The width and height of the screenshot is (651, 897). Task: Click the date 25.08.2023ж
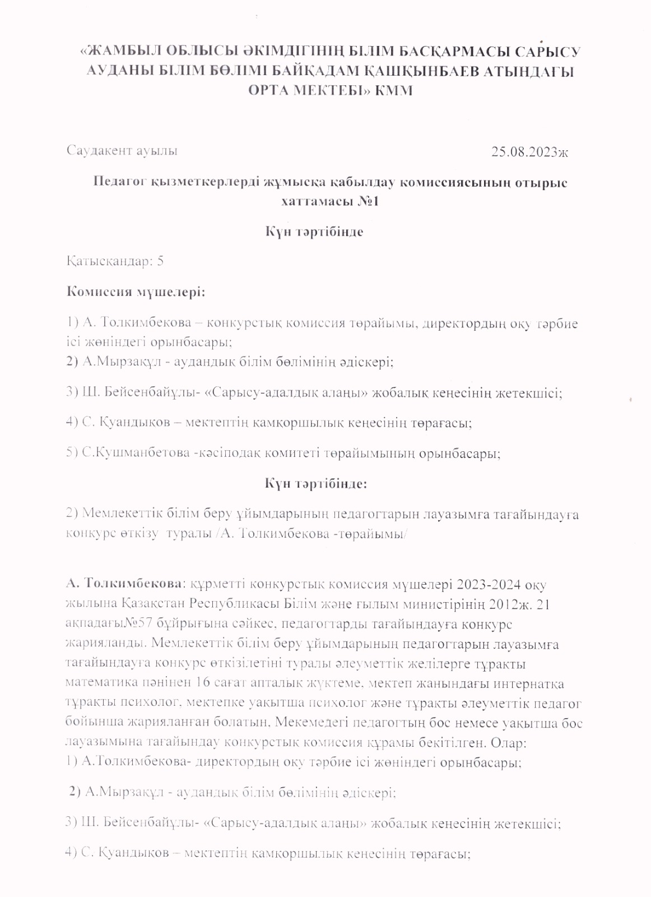(x=529, y=151)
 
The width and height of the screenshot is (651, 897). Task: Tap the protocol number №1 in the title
(x=368, y=201)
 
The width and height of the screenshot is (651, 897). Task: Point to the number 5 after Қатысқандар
(x=161, y=261)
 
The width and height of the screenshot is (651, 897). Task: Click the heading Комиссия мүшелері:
(x=136, y=292)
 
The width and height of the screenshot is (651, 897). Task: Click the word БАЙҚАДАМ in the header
(x=310, y=71)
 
